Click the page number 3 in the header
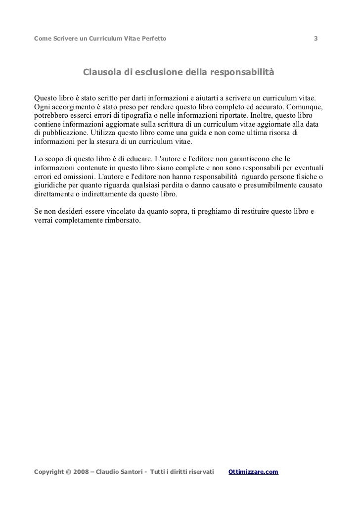coord(316,39)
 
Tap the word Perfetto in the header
coord(152,39)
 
